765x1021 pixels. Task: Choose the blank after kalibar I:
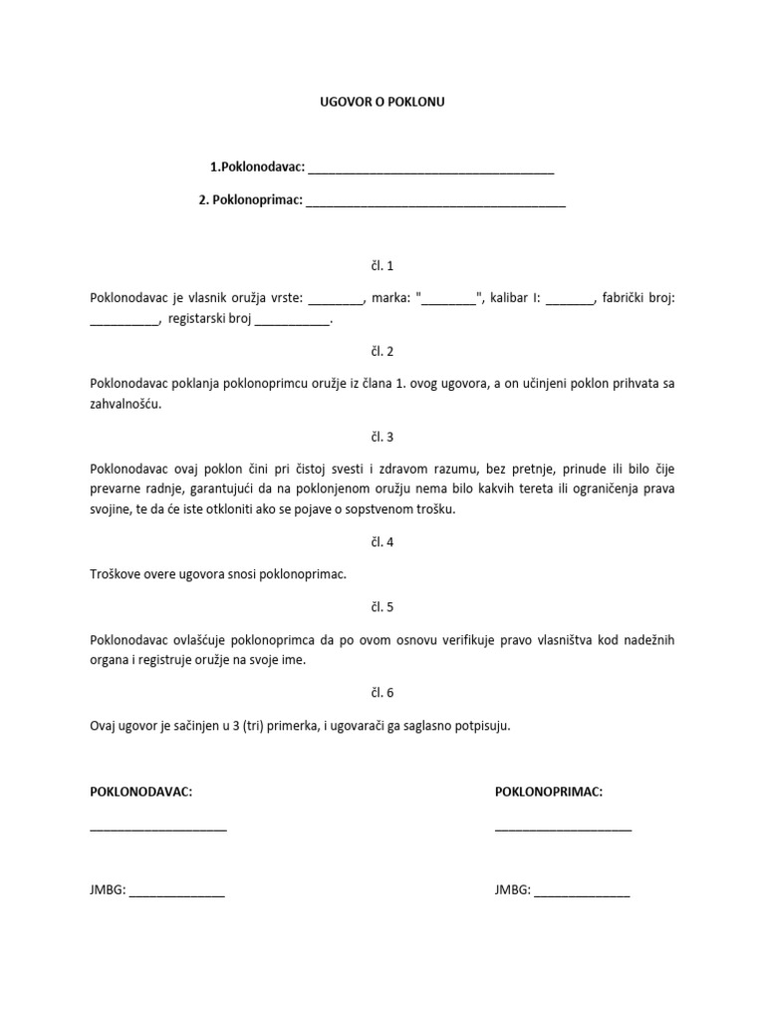(x=570, y=300)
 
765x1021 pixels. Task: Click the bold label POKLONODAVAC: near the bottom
(x=140, y=791)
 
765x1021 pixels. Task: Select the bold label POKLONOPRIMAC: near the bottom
(x=549, y=791)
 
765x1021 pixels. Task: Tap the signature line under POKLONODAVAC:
(x=158, y=829)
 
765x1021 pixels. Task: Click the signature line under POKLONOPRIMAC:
(x=563, y=829)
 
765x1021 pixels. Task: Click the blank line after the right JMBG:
(x=582, y=893)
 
